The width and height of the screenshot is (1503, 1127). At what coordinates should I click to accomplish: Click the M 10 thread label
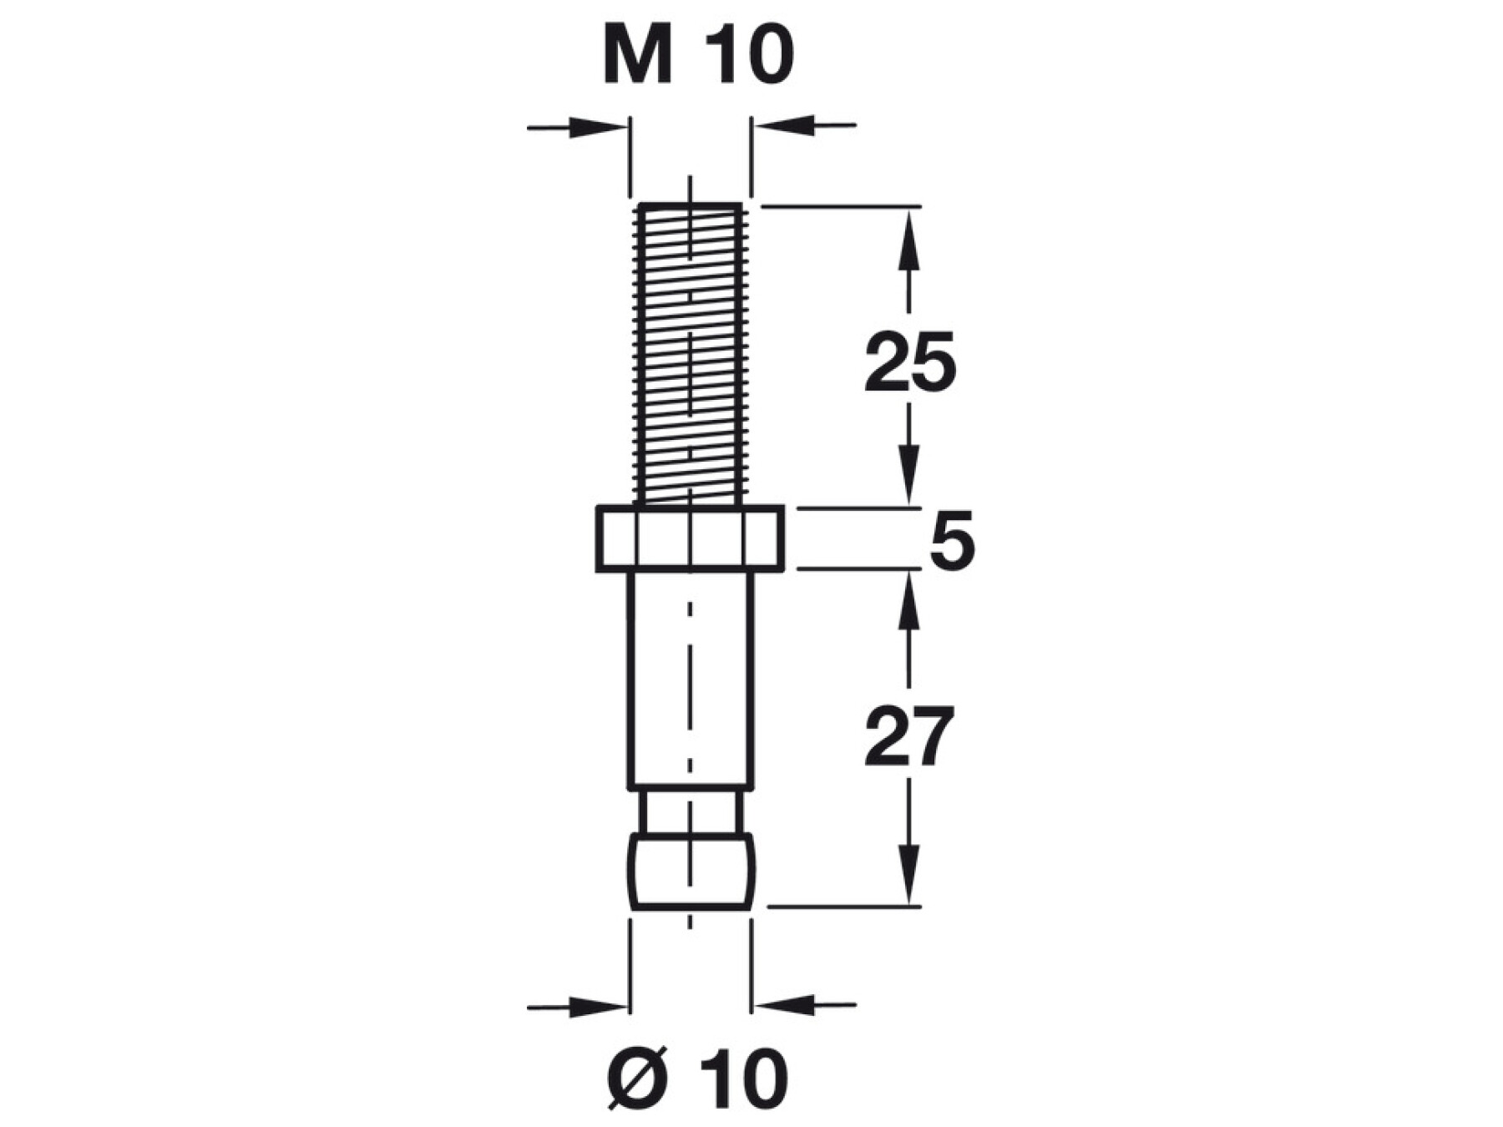point(698,56)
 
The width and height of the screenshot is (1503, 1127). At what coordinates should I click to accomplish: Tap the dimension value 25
point(909,362)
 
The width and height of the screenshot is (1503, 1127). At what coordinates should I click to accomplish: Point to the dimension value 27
point(908,736)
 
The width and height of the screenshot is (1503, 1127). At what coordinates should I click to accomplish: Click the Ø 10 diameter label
point(698,1079)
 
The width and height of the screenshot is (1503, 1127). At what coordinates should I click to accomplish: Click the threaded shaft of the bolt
point(690,354)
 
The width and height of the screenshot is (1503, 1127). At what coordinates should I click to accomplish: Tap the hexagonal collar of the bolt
point(690,539)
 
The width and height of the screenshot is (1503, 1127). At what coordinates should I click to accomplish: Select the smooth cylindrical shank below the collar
point(691,680)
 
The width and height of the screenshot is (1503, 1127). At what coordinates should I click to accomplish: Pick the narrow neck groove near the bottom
point(691,811)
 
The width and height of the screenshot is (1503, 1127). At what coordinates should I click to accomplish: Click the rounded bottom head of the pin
point(691,871)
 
